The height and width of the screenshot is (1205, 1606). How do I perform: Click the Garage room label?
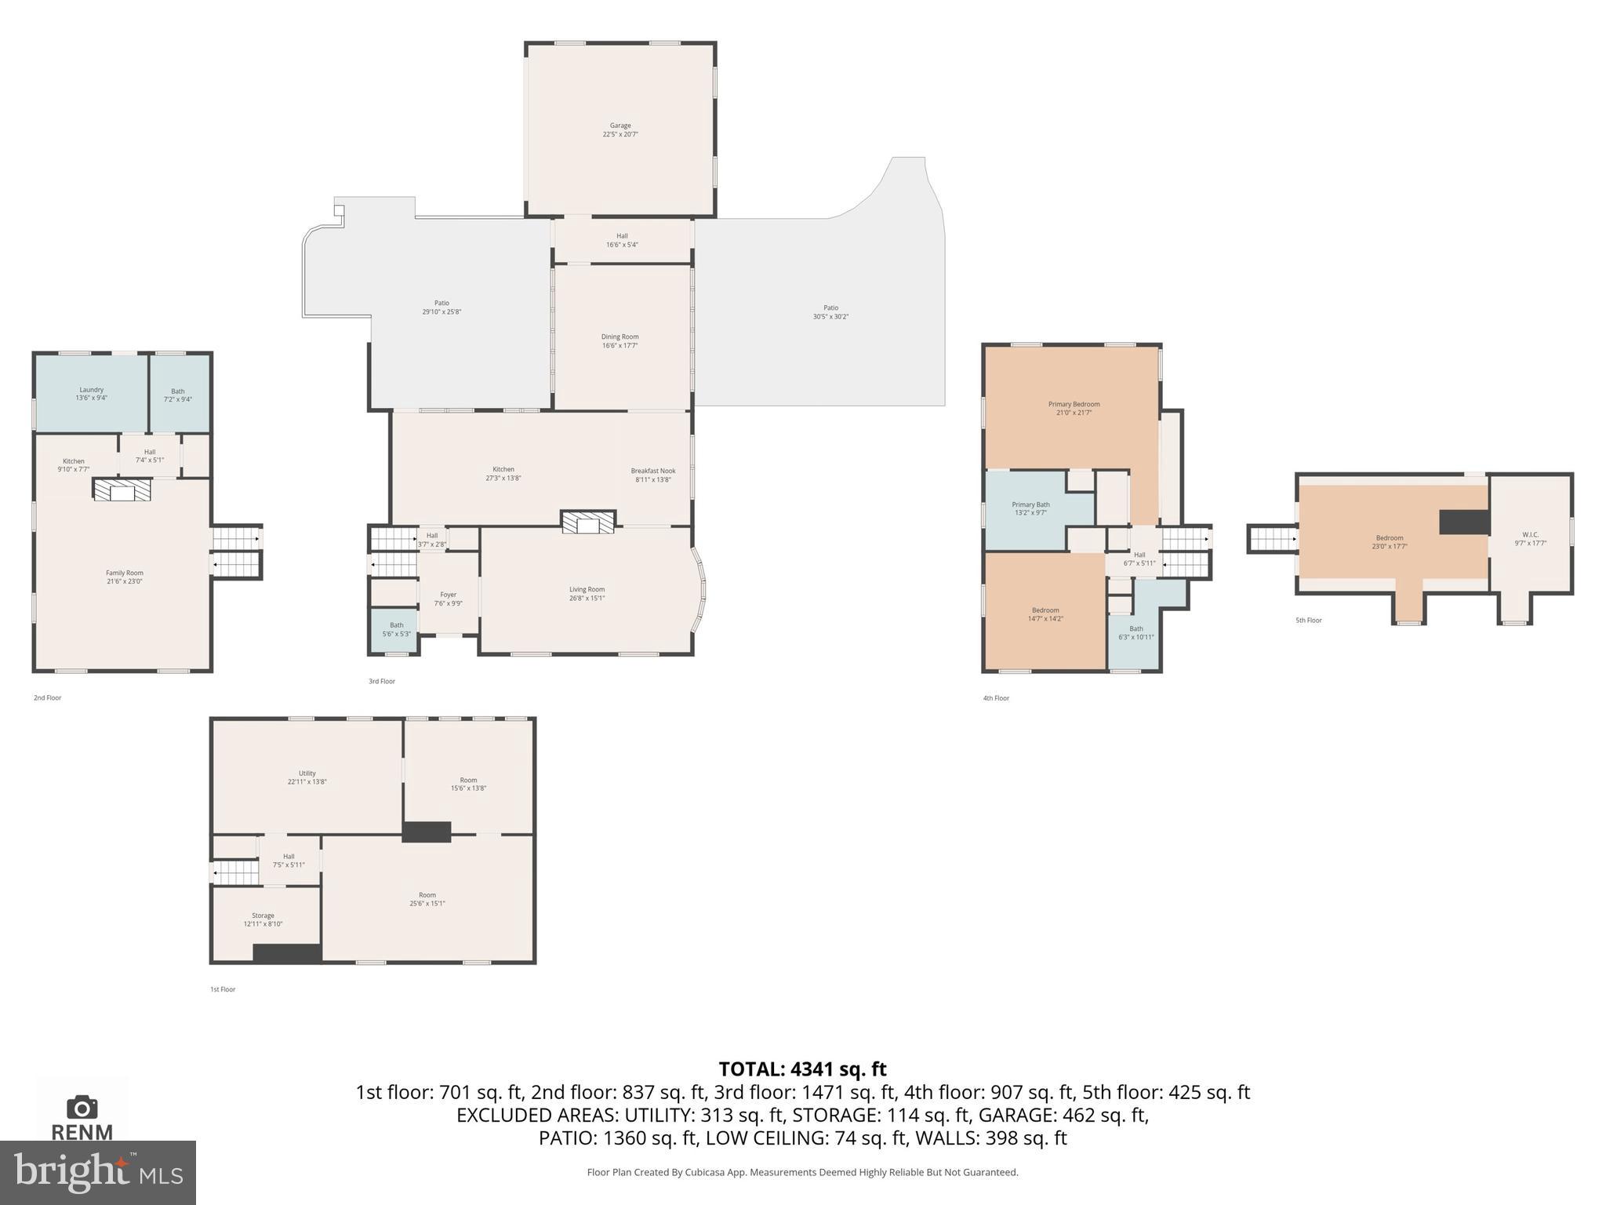[620, 129]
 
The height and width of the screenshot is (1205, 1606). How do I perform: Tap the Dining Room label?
[620, 340]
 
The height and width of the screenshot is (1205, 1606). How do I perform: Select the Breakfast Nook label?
[652, 475]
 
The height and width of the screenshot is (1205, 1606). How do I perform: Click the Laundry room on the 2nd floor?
[91, 393]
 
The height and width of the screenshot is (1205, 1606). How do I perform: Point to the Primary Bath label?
[1030, 508]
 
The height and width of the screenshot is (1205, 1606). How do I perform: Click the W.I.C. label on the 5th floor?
[1529, 538]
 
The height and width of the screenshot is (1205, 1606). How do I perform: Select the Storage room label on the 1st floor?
[263, 919]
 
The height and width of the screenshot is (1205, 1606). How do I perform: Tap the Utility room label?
[307, 777]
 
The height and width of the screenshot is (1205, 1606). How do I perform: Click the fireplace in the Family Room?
[122, 491]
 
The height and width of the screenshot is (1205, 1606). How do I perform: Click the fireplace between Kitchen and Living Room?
[587, 522]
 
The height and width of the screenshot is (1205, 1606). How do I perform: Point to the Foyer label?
[448, 599]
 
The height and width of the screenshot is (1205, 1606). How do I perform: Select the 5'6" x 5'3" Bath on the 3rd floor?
[395, 629]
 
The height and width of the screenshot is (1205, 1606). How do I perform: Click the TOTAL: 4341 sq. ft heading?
[802, 1068]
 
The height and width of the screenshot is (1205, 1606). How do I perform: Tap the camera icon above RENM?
[82, 1107]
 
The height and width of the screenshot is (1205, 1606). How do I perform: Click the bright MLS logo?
[97, 1172]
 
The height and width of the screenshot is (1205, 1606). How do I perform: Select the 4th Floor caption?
[995, 697]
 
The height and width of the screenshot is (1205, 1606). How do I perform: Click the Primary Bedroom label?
[1074, 408]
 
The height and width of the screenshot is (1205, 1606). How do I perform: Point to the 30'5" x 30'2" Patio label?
[830, 312]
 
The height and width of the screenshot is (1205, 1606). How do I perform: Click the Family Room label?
[124, 577]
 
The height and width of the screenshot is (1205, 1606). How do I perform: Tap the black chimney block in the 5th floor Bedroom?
[1463, 522]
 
